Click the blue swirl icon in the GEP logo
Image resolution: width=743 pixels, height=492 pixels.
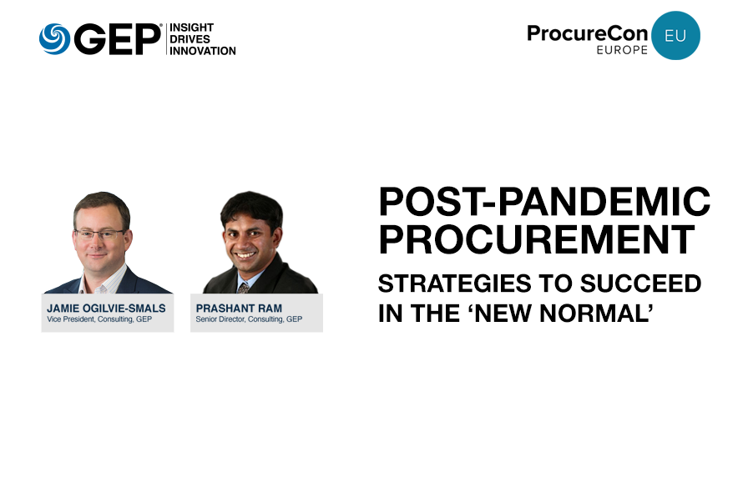54,39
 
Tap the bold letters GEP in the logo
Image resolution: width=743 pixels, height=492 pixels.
118,39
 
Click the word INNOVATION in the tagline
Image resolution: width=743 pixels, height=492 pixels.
203,51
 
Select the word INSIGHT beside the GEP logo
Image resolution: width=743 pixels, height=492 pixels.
191,28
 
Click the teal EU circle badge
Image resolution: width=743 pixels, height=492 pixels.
675,36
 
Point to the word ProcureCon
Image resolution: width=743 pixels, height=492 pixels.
587,33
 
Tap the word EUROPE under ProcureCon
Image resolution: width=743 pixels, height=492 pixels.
622,50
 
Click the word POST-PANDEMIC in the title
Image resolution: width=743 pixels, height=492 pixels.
544,201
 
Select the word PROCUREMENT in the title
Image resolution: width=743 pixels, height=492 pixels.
537,239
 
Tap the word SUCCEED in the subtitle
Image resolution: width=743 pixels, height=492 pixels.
640,284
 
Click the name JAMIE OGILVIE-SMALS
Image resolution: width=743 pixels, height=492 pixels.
106,309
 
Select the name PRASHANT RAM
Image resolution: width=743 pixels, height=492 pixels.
239,309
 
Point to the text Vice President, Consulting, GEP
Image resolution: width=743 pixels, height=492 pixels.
99,319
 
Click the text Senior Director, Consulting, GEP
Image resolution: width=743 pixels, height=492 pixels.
249,319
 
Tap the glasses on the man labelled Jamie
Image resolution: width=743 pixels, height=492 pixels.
100,234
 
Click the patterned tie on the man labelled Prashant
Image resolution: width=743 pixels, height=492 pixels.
244,288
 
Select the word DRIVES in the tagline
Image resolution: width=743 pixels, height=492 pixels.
190,39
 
